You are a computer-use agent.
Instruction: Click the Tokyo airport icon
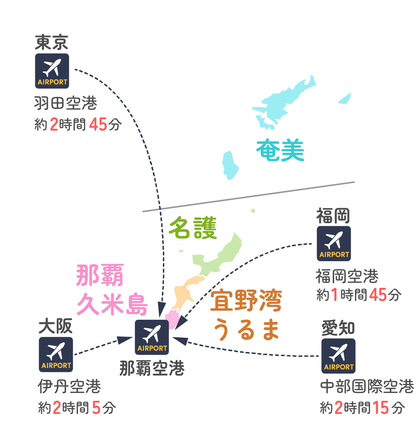pyautogui.click(x=52, y=71)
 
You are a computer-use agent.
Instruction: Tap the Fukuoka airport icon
pyautogui.click(x=333, y=244)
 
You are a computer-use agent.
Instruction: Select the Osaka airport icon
pyautogui.click(x=56, y=354)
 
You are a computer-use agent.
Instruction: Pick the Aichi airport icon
pyautogui.click(x=338, y=356)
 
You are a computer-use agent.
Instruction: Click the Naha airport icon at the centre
pyautogui.click(x=151, y=337)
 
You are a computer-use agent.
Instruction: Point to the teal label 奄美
pyautogui.click(x=280, y=150)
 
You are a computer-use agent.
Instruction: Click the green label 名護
pyautogui.click(x=193, y=227)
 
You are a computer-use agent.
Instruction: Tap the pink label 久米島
pyautogui.click(x=112, y=304)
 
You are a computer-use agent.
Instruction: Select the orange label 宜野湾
pyautogui.click(x=246, y=300)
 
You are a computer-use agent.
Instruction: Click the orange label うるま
pyautogui.click(x=246, y=329)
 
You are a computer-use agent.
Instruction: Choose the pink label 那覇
pyautogui.click(x=100, y=275)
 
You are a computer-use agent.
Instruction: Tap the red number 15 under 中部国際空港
pyautogui.click(x=381, y=408)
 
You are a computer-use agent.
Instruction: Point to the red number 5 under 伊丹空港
pyautogui.click(x=96, y=408)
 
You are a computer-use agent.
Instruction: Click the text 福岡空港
pyautogui.click(x=347, y=276)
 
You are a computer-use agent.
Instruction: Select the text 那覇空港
pyautogui.click(x=152, y=368)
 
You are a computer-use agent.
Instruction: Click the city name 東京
pyautogui.click(x=51, y=42)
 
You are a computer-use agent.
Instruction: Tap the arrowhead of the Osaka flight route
pyautogui.click(x=125, y=340)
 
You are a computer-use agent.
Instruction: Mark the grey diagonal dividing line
pyautogui.click(x=248, y=197)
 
